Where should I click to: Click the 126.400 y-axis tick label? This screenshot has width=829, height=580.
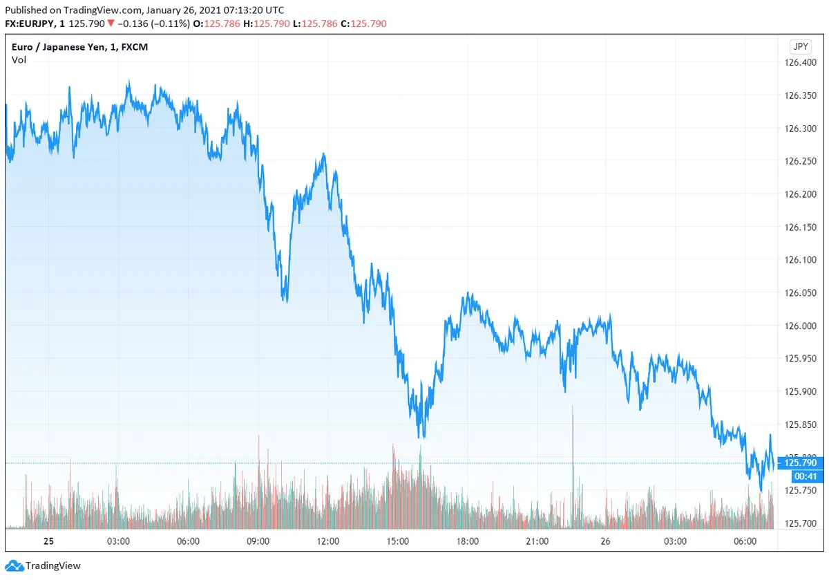[x=801, y=63]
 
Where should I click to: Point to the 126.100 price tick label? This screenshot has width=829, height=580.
[x=801, y=260]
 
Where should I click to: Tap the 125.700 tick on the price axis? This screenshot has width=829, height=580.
[x=801, y=523]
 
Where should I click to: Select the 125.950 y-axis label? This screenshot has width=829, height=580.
[x=801, y=359]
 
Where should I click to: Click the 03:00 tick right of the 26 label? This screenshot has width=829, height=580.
[x=675, y=541]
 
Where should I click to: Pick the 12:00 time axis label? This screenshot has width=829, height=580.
[x=327, y=541]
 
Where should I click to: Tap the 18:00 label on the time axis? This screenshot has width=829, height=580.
[x=467, y=541]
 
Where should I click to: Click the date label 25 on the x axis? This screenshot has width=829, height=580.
[x=48, y=541]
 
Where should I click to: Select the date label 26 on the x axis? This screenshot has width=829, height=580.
[x=606, y=541]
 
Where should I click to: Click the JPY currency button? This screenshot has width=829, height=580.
[x=799, y=47]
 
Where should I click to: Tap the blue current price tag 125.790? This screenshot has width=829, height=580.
[x=801, y=463]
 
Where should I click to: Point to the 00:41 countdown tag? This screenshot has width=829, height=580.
[x=801, y=476]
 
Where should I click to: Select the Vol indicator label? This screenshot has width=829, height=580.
[x=19, y=60]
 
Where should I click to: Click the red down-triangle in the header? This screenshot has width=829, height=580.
[x=111, y=24]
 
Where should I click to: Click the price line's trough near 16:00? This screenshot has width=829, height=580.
[x=421, y=436]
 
